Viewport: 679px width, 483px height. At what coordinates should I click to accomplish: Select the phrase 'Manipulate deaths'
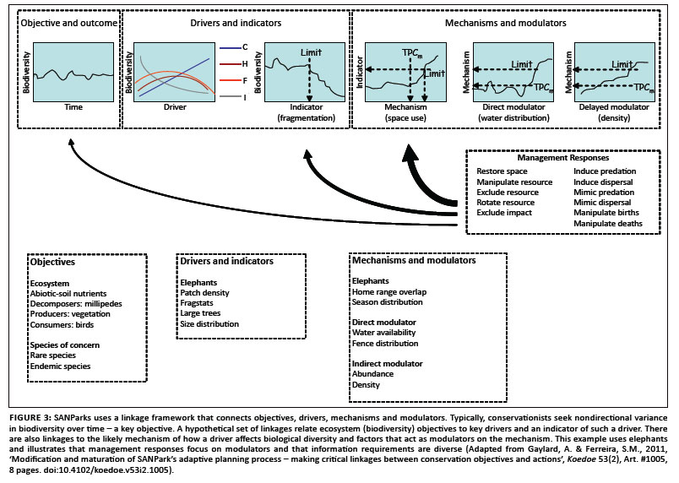tap(607, 224)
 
